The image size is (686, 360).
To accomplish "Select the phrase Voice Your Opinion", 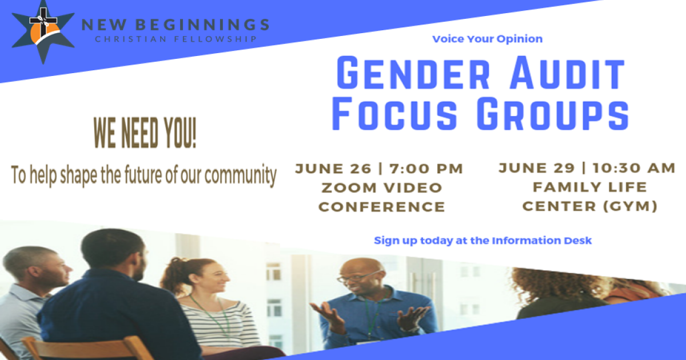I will click(x=487, y=39).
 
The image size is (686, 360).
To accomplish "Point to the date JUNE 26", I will click(x=326, y=169).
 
